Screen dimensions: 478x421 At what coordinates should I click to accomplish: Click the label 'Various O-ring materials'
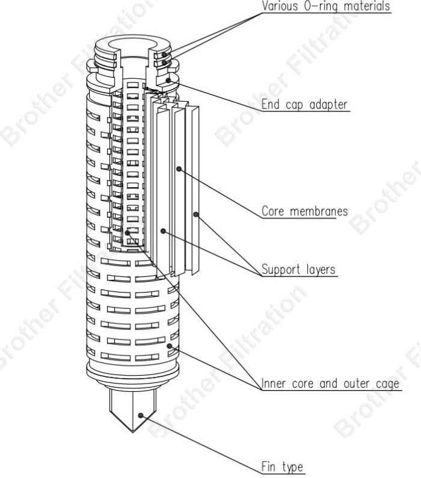click(325, 7)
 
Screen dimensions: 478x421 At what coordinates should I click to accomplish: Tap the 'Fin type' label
click(282, 466)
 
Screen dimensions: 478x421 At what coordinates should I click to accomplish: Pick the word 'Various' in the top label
click(280, 7)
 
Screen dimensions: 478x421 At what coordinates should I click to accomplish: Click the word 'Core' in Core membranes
click(273, 213)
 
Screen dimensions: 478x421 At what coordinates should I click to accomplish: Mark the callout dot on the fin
click(141, 415)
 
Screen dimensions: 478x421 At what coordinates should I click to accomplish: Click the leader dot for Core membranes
click(179, 170)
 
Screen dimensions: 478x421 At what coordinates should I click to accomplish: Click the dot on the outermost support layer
click(195, 214)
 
